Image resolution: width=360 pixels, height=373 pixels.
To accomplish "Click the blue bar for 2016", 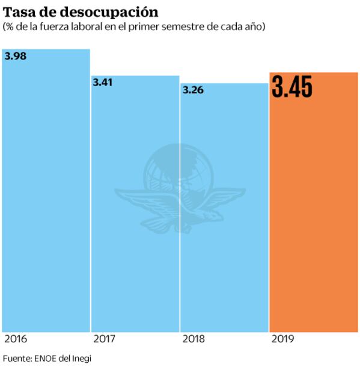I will (x=46, y=193).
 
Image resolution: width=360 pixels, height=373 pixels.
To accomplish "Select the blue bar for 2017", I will (x=135, y=205).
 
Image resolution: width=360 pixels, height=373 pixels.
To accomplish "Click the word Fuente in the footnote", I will (x=16, y=359).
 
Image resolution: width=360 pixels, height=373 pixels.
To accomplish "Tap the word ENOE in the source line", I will (x=46, y=359).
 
